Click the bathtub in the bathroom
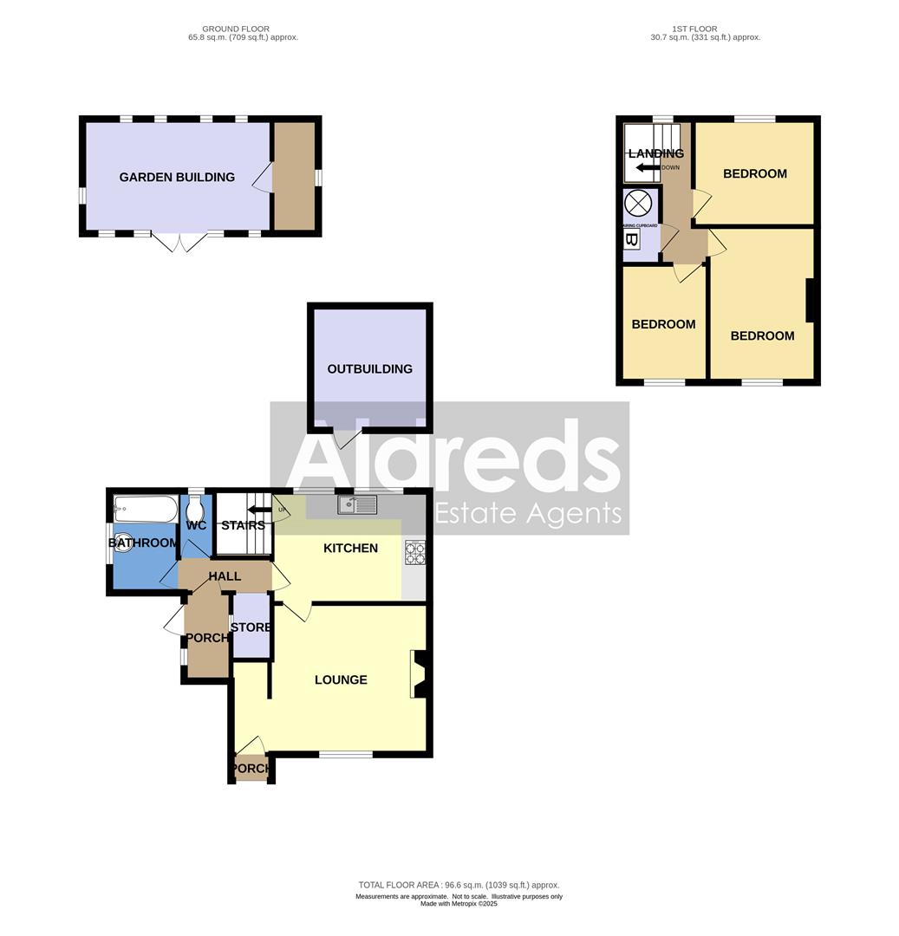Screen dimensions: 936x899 click(145, 509)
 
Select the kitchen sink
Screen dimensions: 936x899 click(357, 504)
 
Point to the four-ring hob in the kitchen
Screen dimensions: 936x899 click(415, 553)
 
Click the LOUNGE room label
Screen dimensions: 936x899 click(341, 680)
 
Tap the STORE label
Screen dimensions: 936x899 click(251, 627)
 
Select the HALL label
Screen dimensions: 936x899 click(225, 576)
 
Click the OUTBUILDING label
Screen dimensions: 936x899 click(369, 369)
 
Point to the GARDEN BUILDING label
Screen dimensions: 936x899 click(177, 178)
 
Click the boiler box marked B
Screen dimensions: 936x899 click(631, 240)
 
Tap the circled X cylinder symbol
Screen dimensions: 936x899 click(638, 204)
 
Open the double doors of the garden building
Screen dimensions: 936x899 click(179, 242)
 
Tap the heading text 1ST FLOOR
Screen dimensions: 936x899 click(705, 29)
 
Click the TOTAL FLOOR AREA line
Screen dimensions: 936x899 click(459, 885)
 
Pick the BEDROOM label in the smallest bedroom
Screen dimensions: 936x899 click(663, 325)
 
